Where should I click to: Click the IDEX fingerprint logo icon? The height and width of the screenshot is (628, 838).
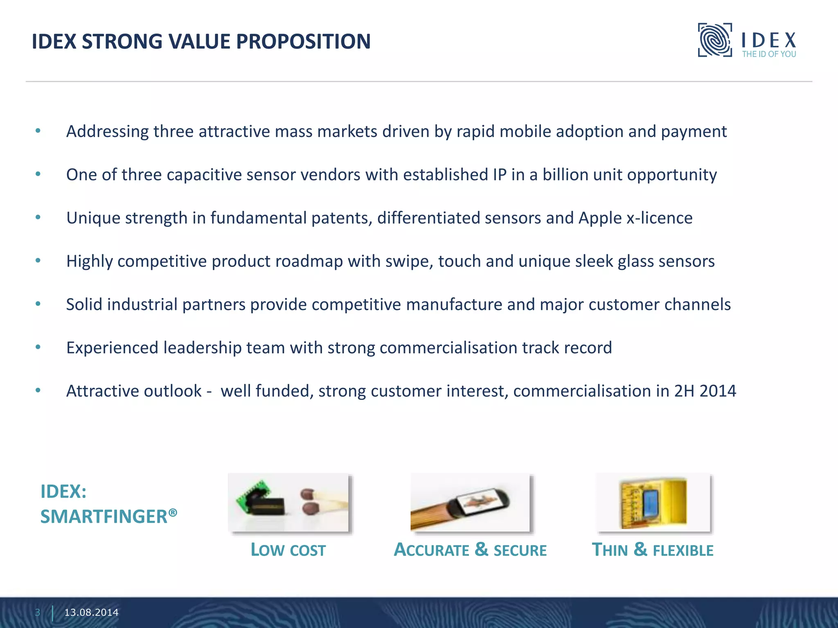[714, 40]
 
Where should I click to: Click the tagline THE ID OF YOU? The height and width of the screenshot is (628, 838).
[769, 54]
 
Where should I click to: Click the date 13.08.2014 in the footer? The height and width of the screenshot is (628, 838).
[91, 612]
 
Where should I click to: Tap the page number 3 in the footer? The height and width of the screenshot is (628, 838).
[38, 612]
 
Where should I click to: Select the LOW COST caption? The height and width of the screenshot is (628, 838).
[288, 550]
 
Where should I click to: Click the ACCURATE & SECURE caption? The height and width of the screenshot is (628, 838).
[470, 550]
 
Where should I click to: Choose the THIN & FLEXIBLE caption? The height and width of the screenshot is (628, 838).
[653, 550]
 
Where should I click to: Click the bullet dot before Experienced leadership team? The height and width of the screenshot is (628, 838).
[38, 348]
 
